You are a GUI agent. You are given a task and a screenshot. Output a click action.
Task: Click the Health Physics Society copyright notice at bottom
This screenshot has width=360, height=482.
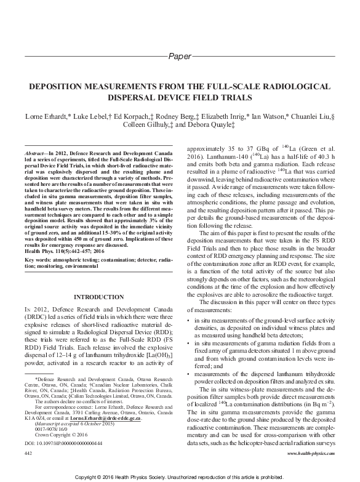[180, 477]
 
